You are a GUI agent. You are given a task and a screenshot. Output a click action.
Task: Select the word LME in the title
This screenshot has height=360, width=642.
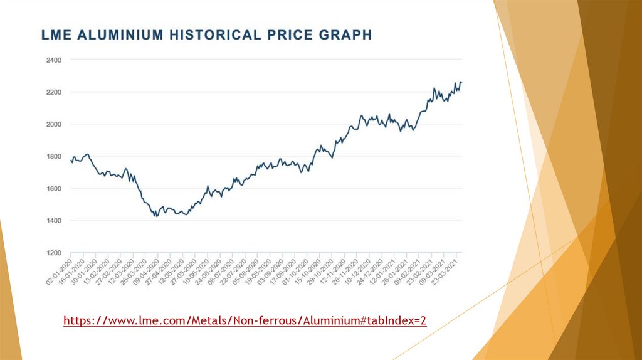click(x=56, y=35)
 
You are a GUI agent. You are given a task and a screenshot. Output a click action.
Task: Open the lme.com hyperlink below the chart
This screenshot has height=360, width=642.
click(x=245, y=321)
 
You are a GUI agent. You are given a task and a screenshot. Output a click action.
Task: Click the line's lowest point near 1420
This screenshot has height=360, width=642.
click(x=155, y=216)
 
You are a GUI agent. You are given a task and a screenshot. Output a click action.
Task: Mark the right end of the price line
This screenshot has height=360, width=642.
click(x=461, y=83)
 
